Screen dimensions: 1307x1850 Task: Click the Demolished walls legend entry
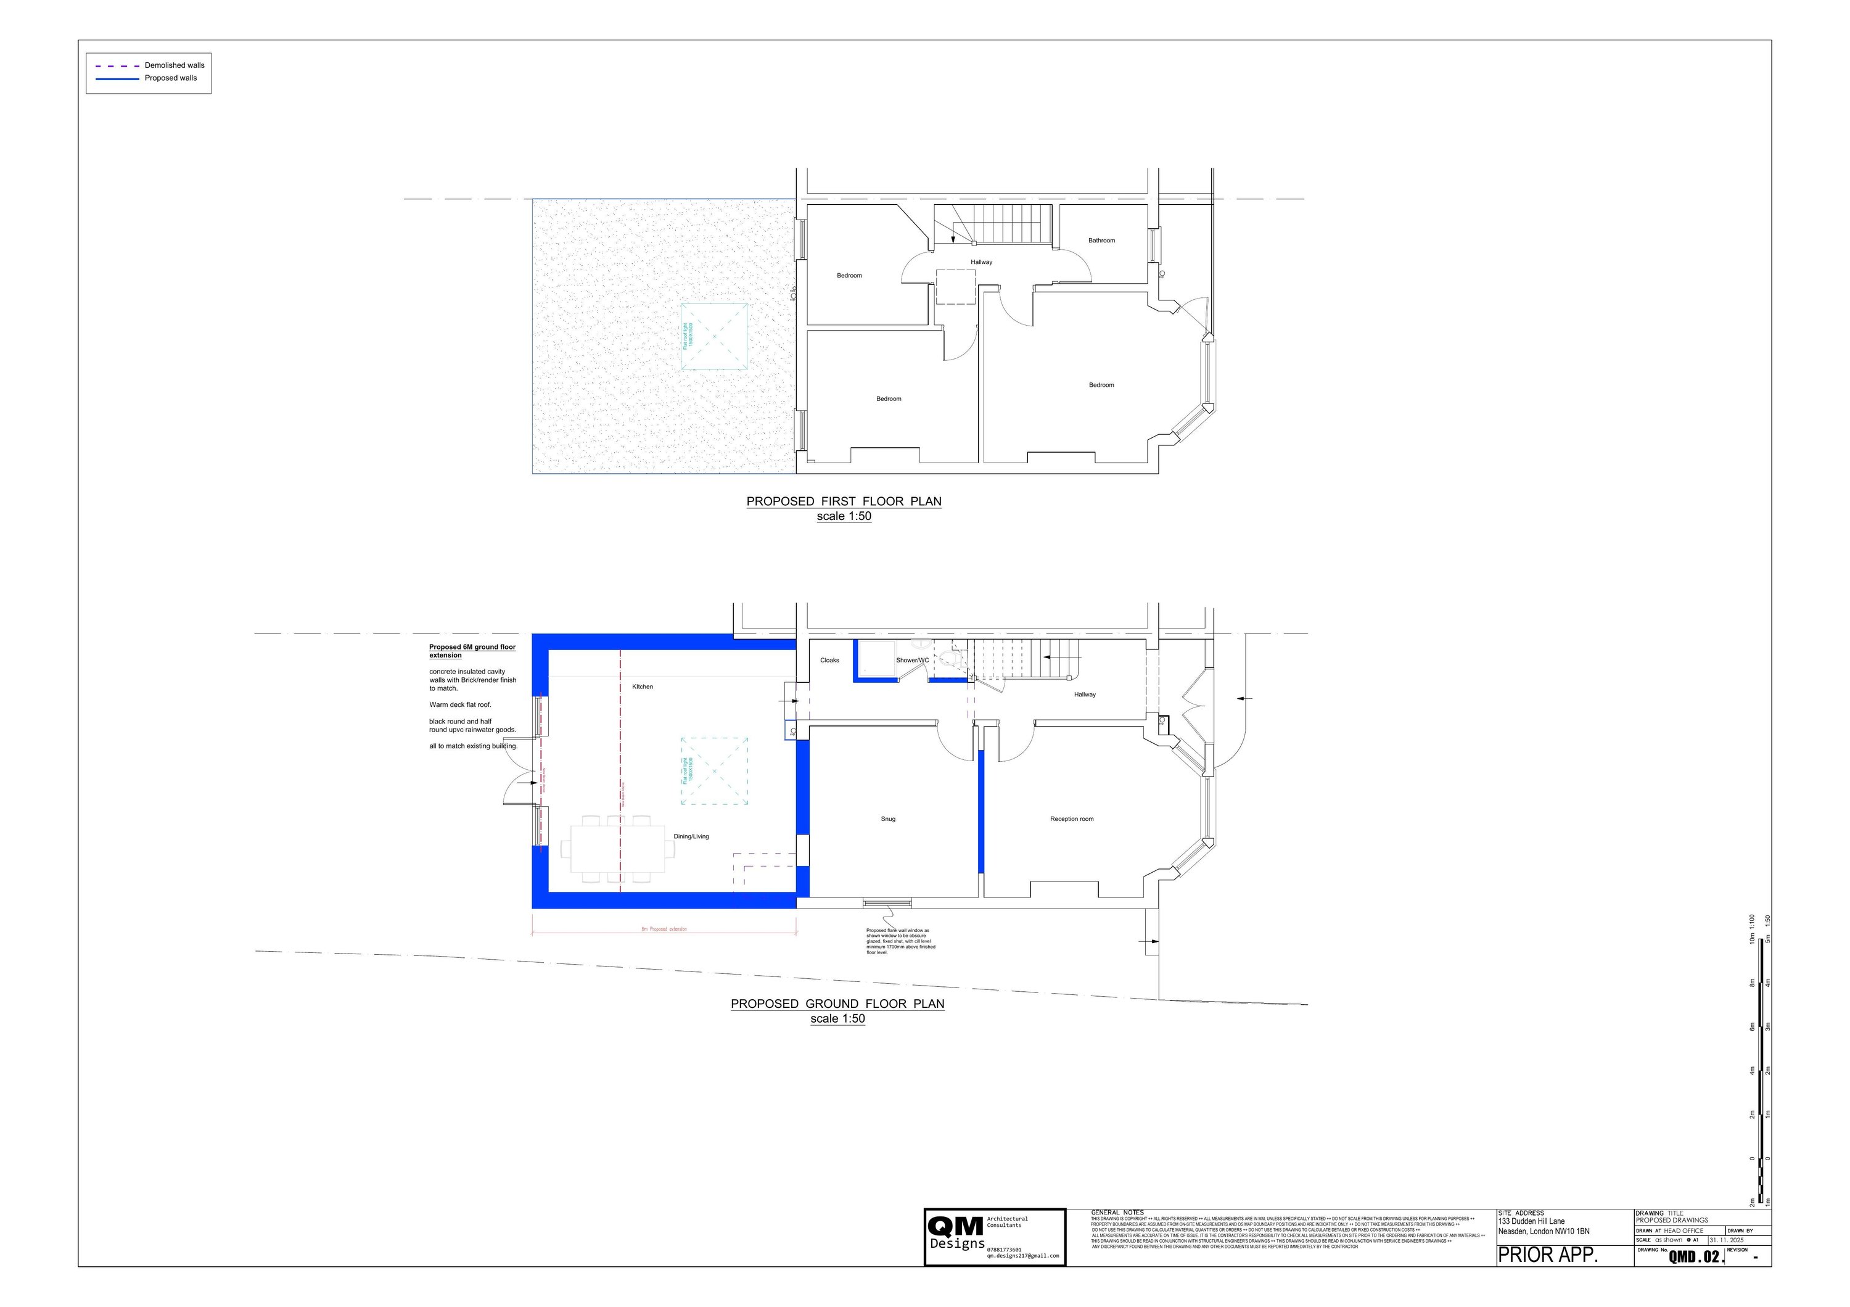pyautogui.click(x=174, y=65)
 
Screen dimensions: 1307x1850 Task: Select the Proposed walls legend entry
pyautogui.click(x=171, y=78)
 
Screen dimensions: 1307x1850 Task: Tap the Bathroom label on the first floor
pyautogui.click(x=1101, y=240)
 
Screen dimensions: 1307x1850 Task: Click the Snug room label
pyautogui.click(x=888, y=818)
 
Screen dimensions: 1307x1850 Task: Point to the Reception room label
pyautogui.click(x=1072, y=818)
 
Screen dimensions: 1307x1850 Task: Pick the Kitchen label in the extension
pyautogui.click(x=642, y=686)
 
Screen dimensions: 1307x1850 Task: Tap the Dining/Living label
pyautogui.click(x=691, y=836)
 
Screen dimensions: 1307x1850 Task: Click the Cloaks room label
pyautogui.click(x=829, y=660)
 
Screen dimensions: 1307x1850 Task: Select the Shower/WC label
pyautogui.click(x=912, y=660)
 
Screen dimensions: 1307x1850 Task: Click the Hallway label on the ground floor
pyautogui.click(x=1085, y=695)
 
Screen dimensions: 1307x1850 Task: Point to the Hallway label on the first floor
pyautogui.click(x=981, y=262)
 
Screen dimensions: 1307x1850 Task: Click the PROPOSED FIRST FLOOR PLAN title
pyautogui.click(x=844, y=501)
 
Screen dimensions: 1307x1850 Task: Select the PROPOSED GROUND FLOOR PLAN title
pyautogui.click(x=837, y=1004)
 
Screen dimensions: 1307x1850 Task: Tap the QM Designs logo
pyautogui.click(x=956, y=1236)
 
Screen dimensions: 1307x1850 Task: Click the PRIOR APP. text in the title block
pyautogui.click(x=1548, y=1255)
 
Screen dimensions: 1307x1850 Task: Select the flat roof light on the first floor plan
pyautogui.click(x=714, y=336)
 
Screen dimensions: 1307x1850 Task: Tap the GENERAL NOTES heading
pyautogui.click(x=1117, y=1213)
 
